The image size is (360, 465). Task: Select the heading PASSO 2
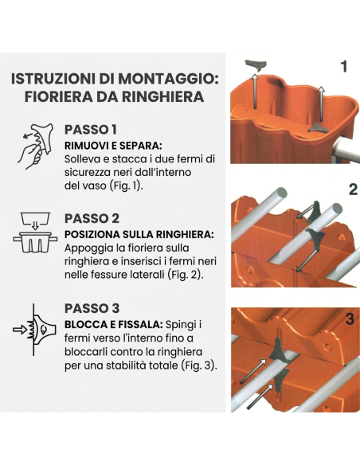point(92,218)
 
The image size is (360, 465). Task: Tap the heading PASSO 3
point(92,308)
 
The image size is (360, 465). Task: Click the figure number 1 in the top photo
point(343,67)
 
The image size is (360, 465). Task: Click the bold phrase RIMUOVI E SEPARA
point(112,146)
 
